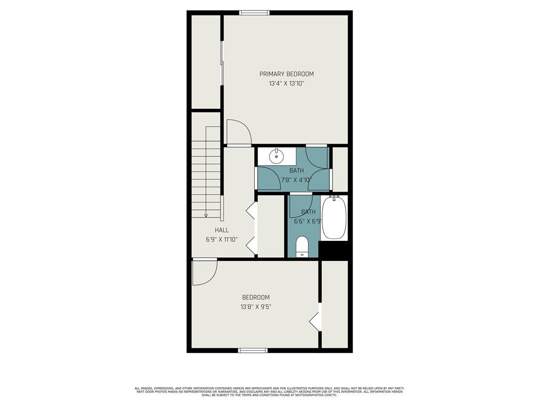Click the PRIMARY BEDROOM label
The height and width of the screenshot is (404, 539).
[x=286, y=74]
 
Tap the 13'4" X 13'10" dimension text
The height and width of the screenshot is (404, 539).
[x=286, y=83]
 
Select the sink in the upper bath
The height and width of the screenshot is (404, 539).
[x=276, y=156]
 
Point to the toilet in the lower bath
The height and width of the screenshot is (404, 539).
[x=302, y=246]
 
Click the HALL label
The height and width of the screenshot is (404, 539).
[x=222, y=230]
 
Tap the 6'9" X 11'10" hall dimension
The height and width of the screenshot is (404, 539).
[x=222, y=239]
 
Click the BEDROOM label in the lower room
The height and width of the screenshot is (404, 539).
[x=255, y=297]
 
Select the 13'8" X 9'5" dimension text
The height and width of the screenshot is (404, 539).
[x=255, y=307]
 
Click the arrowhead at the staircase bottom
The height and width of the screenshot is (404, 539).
[x=206, y=215]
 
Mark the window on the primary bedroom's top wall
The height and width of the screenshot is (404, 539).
[x=254, y=13]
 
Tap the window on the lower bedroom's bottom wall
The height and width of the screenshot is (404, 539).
[x=253, y=350]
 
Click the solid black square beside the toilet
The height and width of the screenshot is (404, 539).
[x=334, y=250]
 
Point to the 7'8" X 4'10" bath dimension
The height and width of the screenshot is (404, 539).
[x=296, y=180]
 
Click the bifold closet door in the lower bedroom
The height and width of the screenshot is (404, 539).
[x=316, y=317]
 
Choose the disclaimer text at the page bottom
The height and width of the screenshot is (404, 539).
[x=269, y=391]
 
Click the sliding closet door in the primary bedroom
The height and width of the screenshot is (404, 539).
[x=222, y=63]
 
